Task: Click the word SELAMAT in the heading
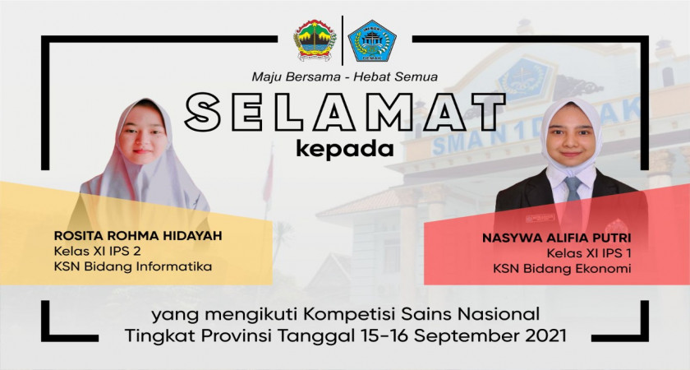click(x=345, y=113)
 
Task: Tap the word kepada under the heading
click(x=344, y=150)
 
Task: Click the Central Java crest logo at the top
click(x=315, y=40)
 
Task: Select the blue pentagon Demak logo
click(x=372, y=40)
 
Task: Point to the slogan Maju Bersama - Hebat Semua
click(x=344, y=76)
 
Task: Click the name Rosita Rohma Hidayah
click(x=138, y=236)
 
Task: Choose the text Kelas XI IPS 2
click(x=97, y=251)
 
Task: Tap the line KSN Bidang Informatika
click(x=133, y=266)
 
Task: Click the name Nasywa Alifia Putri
click(x=557, y=238)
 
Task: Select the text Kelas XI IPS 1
click(x=589, y=253)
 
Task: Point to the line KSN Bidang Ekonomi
click(x=562, y=268)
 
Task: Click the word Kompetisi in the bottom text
click(x=350, y=315)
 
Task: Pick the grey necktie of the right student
click(x=573, y=194)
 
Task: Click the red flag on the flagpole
click(x=268, y=177)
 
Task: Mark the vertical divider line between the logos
click(x=343, y=40)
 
